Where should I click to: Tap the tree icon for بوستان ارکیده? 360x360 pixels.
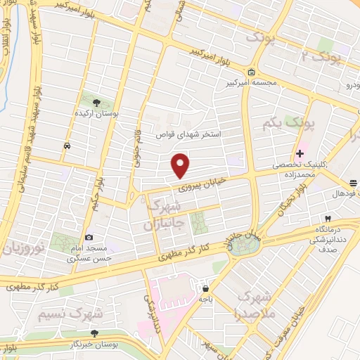coord(96,103)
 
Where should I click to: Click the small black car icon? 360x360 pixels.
coord(66,146)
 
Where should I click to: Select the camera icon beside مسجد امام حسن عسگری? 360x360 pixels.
coord(89,238)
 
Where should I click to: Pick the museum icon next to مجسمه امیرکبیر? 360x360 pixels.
coord(252,72)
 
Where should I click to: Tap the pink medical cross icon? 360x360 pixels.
coord(300,153)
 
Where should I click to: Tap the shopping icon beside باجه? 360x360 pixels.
coord(205,288)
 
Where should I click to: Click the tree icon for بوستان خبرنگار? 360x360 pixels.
coord(94,333)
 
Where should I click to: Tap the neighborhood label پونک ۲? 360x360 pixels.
coord(327,56)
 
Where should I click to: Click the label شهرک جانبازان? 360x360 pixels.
coord(163,216)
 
